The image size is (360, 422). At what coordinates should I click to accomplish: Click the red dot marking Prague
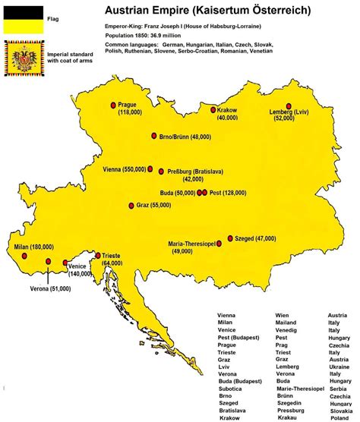[x=113, y=105]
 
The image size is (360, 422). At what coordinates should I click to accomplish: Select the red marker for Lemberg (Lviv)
[x=289, y=107]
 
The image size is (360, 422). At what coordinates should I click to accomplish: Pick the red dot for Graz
[x=131, y=205]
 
